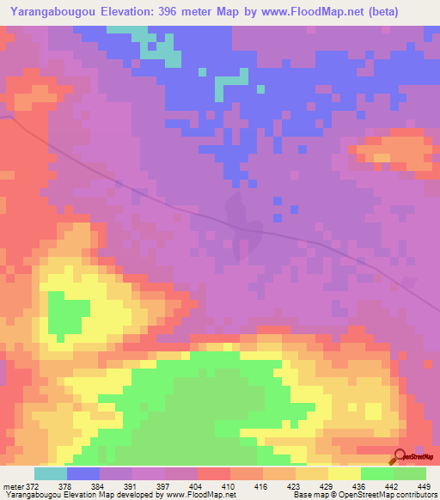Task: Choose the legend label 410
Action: pos(228,487)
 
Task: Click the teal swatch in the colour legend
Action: pos(50,473)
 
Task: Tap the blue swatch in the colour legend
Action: pos(82,473)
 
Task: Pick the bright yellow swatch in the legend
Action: pos(344,473)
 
